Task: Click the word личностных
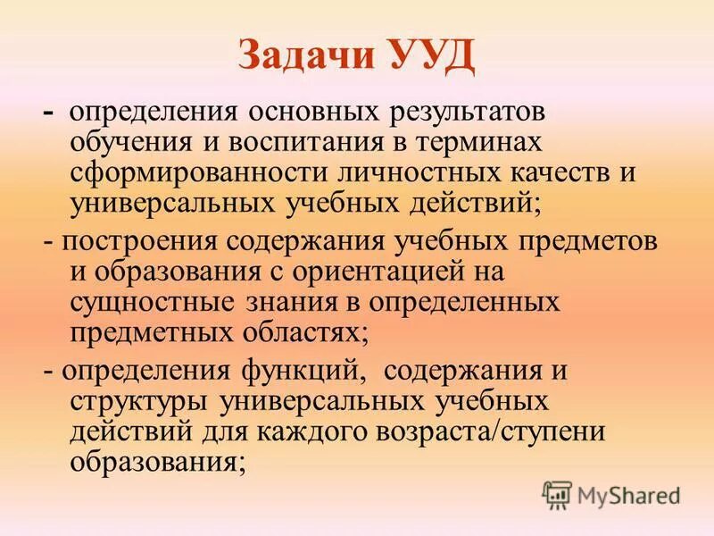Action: coord(392,172)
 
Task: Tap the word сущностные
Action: coord(152,301)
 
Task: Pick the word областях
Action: coord(305,331)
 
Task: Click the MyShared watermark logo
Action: coord(610,492)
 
